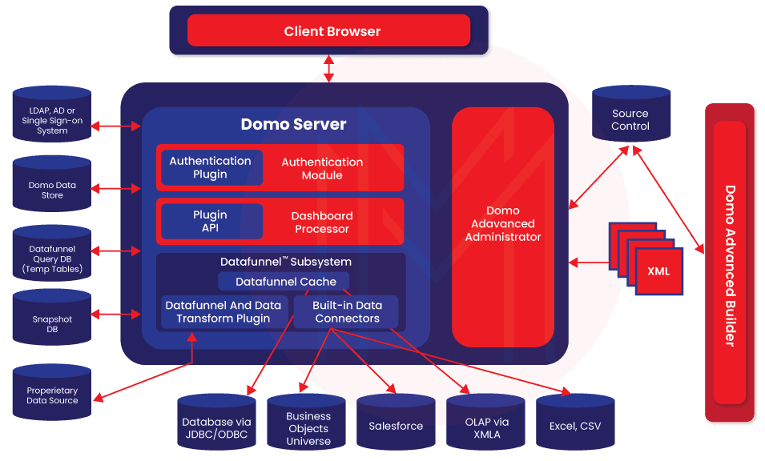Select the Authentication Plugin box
click(x=211, y=168)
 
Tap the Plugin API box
click(x=211, y=222)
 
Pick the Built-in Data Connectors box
click(x=346, y=312)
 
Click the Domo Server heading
click(x=293, y=125)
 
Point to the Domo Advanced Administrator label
click(x=503, y=224)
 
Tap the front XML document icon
click(x=658, y=271)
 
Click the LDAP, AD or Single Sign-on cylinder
click(x=52, y=121)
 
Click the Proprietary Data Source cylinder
click(x=52, y=395)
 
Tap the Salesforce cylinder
click(x=396, y=425)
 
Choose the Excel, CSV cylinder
click(x=575, y=425)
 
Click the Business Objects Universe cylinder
click(x=308, y=427)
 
